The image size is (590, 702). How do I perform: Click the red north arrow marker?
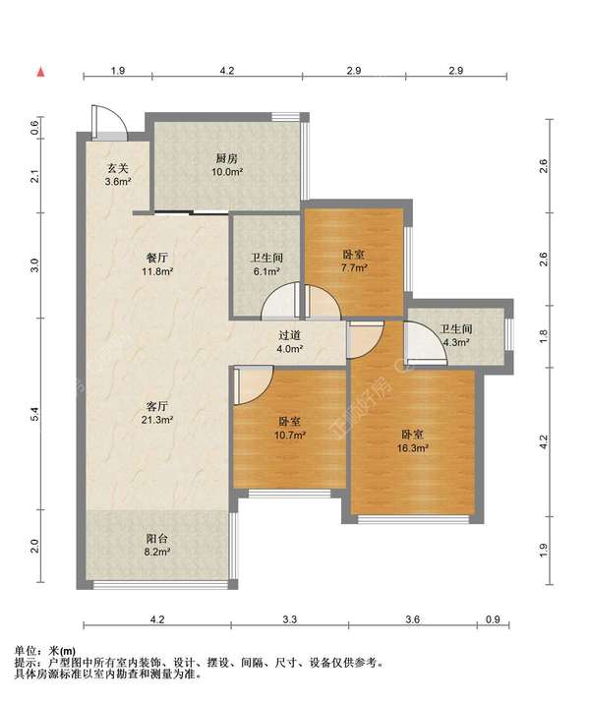[x=41, y=72]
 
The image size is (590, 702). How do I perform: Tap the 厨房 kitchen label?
[x=227, y=158]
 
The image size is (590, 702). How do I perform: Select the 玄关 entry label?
[x=118, y=168]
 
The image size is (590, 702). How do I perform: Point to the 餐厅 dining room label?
[x=157, y=258]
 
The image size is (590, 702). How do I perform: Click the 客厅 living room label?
[x=157, y=406]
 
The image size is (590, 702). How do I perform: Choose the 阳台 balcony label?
[x=157, y=539]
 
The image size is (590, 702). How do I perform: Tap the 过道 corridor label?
[x=289, y=335]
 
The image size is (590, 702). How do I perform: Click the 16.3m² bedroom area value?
[x=413, y=447]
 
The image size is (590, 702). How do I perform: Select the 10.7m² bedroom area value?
[x=290, y=435]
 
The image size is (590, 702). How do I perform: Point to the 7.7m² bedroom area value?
[x=354, y=268]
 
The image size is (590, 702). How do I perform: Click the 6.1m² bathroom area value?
[x=266, y=271]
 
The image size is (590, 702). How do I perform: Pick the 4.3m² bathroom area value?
[x=456, y=342]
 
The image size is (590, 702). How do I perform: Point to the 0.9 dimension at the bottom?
[x=493, y=619]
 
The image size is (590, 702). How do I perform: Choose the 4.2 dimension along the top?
[x=227, y=70]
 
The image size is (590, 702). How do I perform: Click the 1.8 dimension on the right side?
[x=543, y=336]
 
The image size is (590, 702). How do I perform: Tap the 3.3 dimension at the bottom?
[x=290, y=619]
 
